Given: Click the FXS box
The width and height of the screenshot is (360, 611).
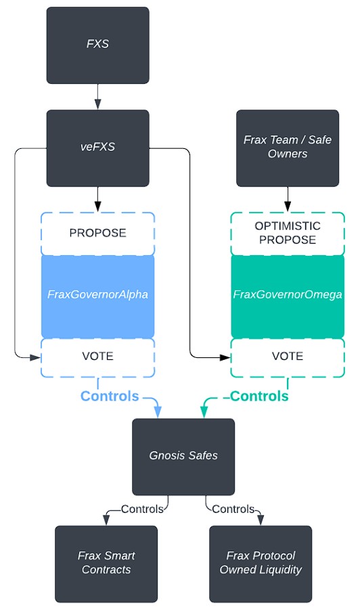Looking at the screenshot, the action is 98,45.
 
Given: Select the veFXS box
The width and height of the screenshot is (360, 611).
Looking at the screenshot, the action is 98,148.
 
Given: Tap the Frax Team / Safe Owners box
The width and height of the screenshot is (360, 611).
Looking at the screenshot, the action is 288,148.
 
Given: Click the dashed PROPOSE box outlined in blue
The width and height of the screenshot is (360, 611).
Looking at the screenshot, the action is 98,233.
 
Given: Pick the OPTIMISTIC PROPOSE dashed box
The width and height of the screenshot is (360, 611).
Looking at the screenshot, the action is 288,233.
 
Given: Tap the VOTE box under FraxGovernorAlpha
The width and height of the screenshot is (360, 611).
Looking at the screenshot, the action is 98,358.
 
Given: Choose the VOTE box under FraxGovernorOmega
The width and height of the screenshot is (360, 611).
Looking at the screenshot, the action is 288,358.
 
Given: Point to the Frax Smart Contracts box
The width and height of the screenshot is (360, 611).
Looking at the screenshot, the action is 106,564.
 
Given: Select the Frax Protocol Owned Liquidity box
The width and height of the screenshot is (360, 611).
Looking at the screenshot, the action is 261,564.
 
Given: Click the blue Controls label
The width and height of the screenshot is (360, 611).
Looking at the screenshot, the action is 110,397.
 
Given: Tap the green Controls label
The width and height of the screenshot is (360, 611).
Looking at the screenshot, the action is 259,397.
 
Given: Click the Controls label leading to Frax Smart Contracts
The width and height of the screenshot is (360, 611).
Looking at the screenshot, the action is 142,509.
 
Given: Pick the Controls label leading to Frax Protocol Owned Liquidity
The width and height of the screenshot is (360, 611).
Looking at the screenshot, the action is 233,509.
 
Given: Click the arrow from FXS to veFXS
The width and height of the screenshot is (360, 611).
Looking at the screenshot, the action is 98,97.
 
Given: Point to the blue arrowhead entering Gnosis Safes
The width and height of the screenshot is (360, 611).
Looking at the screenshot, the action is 158,412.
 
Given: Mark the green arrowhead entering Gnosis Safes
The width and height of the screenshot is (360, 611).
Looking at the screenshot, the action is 204,412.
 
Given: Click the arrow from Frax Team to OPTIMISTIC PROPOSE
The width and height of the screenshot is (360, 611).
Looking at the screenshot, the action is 288,200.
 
